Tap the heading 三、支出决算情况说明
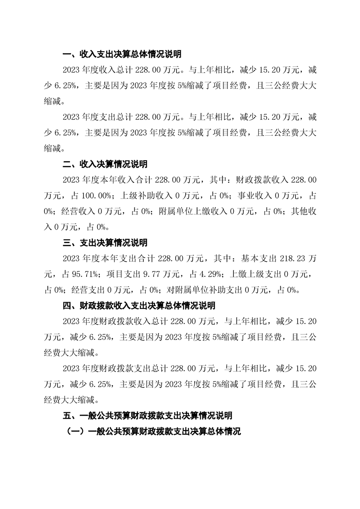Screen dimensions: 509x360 tap(105, 243)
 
